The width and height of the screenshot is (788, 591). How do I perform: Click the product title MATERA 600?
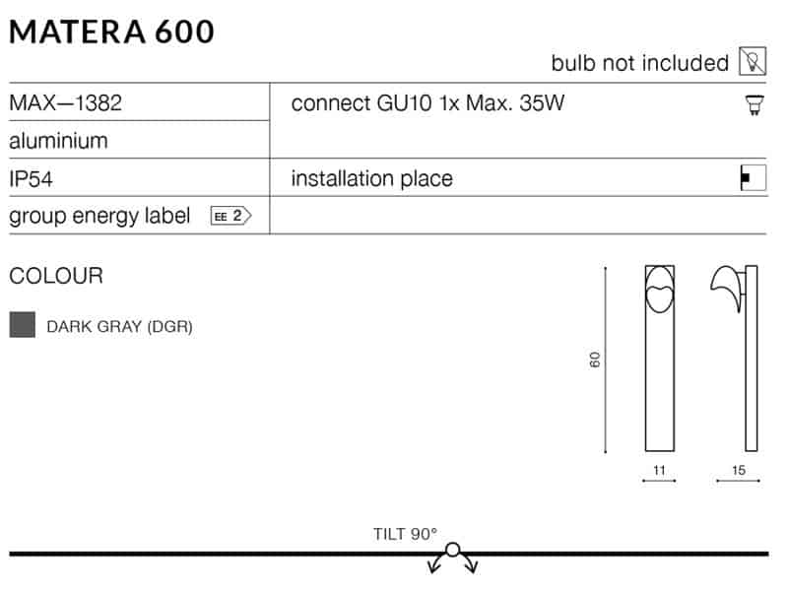(x=111, y=33)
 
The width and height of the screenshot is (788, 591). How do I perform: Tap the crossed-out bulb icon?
(x=753, y=61)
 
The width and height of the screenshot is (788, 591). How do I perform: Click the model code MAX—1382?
(x=65, y=103)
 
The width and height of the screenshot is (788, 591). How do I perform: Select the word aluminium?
(x=58, y=141)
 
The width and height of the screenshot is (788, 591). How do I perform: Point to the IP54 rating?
(x=31, y=179)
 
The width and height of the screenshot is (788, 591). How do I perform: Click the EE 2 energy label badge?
(x=230, y=216)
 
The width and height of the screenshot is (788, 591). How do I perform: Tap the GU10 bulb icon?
(x=755, y=105)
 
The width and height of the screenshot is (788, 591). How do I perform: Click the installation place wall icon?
(x=754, y=178)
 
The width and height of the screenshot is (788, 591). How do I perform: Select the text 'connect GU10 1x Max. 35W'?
(x=427, y=103)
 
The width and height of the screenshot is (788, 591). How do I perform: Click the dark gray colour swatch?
(x=22, y=325)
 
